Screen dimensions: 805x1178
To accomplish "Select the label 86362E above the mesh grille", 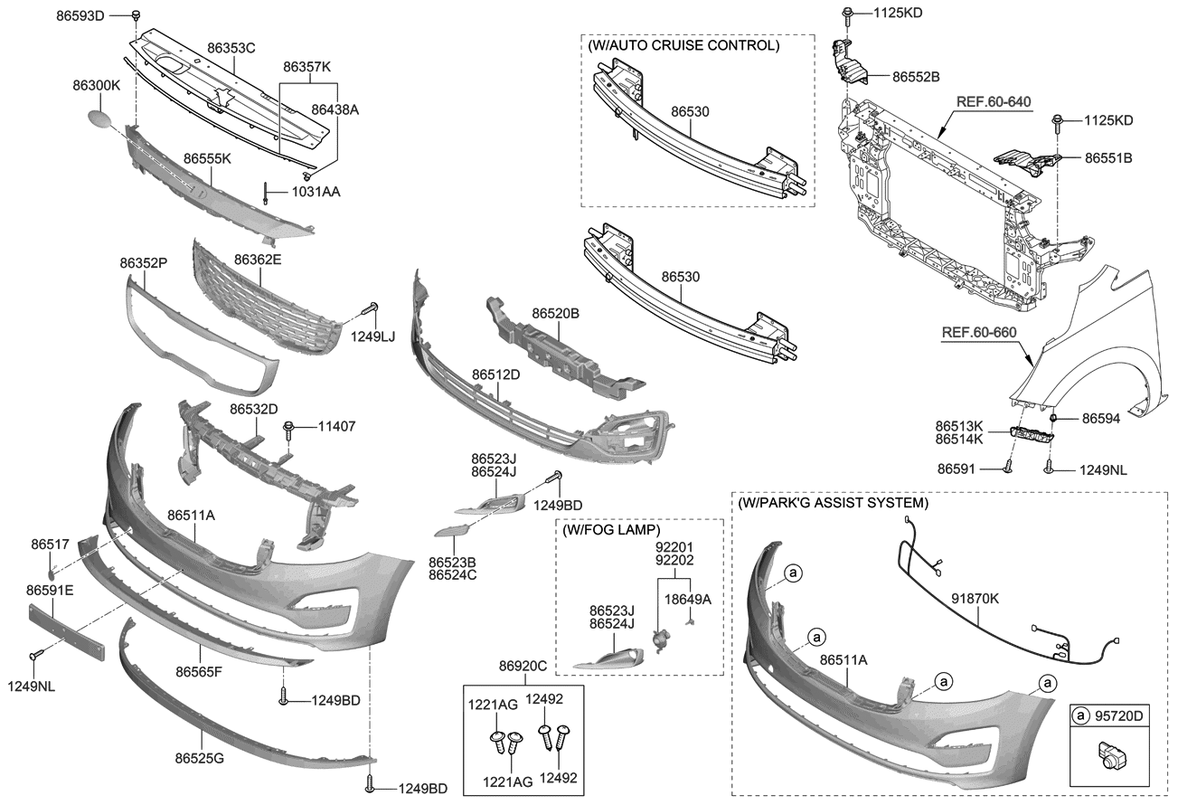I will (258, 260).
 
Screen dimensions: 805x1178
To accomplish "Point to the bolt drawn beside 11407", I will (288, 427).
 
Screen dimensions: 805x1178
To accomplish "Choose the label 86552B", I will (916, 77).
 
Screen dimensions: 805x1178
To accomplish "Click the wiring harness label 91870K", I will (975, 598).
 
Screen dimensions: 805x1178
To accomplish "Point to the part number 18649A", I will (689, 598).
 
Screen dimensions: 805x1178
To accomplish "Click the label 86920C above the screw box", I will (523, 667).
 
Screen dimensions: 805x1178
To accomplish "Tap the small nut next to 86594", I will (1054, 418).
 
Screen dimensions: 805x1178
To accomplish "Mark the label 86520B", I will (555, 313).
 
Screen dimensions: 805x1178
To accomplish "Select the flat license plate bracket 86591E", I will (66, 626).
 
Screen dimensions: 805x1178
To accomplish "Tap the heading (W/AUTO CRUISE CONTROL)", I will (683, 44).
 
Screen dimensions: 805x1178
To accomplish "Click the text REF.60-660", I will (979, 332).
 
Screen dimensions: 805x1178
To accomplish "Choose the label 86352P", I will (144, 262).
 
